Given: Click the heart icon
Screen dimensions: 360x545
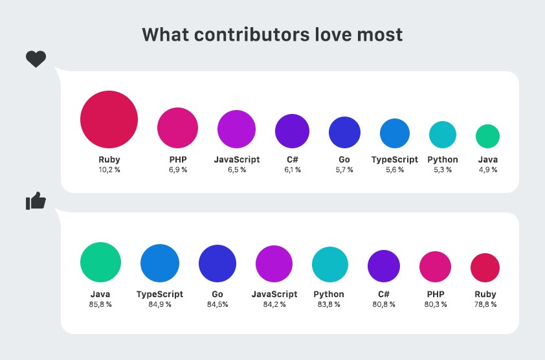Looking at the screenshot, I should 36,60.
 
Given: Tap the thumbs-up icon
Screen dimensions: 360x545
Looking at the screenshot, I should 36,201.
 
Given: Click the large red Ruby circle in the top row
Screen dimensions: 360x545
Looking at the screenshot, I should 109,119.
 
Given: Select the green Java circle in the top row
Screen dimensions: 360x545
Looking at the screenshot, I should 487,136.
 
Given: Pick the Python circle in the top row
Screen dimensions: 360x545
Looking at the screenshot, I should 443,135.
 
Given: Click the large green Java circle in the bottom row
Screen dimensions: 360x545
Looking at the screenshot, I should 100,262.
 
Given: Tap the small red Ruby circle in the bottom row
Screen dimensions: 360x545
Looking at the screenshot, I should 485,268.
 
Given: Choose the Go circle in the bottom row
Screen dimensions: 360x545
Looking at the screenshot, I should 218,264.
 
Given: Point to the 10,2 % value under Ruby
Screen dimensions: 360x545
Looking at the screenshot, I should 109,170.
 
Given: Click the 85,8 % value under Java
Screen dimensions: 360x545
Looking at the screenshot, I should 100,304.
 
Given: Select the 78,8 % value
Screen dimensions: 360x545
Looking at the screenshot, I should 485,304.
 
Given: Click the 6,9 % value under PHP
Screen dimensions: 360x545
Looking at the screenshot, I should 177,170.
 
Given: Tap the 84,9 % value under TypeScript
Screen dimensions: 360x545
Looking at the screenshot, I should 160,304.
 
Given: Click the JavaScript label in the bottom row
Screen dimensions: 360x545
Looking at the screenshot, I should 274,294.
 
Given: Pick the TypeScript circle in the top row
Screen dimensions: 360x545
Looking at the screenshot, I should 395,133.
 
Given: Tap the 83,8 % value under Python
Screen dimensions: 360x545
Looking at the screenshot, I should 330,304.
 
